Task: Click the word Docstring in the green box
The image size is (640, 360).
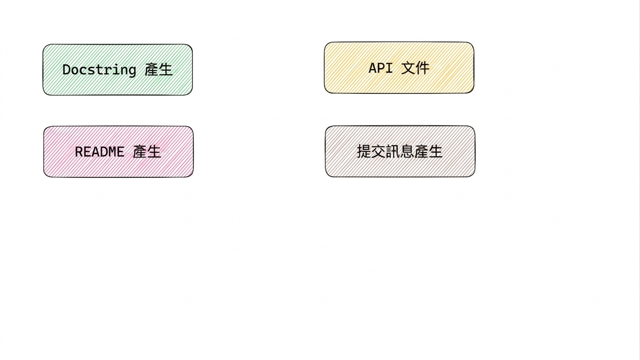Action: point(99,70)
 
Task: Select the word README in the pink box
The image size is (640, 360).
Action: point(99,152)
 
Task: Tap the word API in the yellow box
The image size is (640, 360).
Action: point(381,68)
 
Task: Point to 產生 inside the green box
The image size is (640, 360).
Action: point(158,70)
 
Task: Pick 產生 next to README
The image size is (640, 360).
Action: point(147,152)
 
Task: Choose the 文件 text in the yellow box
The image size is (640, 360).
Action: point(415,68)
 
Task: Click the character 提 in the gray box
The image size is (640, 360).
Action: point(364,151)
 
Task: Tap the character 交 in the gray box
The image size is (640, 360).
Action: point(378,151)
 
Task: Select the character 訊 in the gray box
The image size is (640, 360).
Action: point(392,151)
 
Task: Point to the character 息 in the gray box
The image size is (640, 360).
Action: point(407,151)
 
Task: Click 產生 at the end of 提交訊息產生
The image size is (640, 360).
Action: point(428,151)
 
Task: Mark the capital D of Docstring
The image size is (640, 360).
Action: point(66,70)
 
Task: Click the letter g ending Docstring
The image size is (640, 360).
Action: point(132,71)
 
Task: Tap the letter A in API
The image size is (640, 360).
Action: point(373,68)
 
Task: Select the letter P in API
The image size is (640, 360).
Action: point(381,68)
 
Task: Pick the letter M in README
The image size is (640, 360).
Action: point(112,152)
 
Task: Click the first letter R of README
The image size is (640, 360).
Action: point(79,152)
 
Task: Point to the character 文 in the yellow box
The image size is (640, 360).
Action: point(408,68)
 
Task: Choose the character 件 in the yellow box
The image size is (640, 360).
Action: point(422,68)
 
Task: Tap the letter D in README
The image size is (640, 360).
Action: point(104,152)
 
